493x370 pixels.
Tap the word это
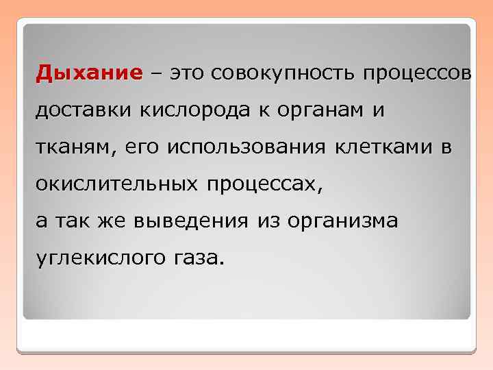[188, 73]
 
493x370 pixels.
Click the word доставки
[81, 110]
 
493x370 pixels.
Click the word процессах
[260, 184]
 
